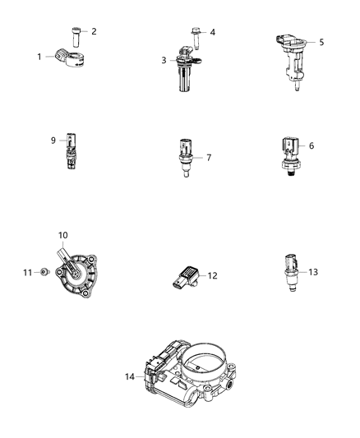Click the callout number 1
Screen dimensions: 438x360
pyautogui.click(x=39, y=57)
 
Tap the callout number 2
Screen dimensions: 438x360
pyautogui.click(x=94, y=32)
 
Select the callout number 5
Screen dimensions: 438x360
pyautogui.click(x=321, y=42)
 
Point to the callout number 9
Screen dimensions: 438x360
pyautogui.click(x=52, y=140)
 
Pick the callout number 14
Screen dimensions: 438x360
pyautogui.click(x=130, y=377)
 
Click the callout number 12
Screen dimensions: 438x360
pyautogui.click(x=212, y=275)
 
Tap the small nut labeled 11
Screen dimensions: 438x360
pyautogui.click(x=47, y=271)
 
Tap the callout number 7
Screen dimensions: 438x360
pyautogui.click(x=209, y=156)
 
